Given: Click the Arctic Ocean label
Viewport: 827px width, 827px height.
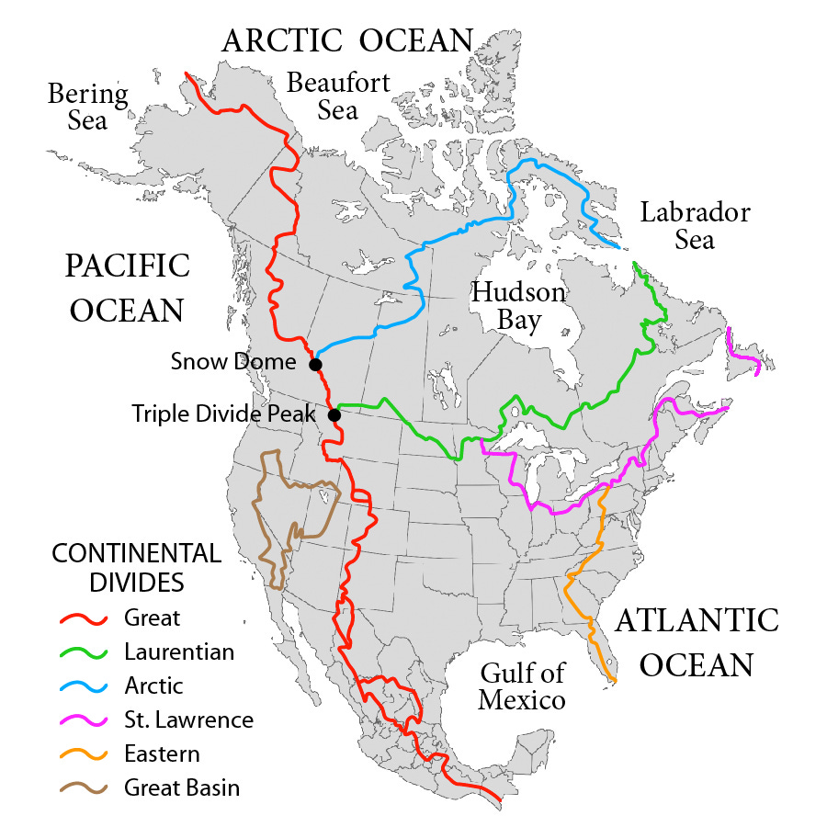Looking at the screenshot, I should tap(347, 40).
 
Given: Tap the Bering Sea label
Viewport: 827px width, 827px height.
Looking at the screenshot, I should tap(88, 107).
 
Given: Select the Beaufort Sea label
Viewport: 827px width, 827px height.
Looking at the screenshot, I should tap(338, 96).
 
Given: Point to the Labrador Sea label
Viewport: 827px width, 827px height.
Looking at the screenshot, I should tap(695, 226).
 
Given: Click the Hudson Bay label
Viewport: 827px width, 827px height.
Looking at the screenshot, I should tap(517, 306).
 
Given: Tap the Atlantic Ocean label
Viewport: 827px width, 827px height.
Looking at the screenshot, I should tap(696, 641).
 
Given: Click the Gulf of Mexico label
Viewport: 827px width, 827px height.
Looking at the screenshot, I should tap(522, 685).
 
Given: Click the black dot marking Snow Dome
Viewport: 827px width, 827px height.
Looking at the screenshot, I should tap(315, 365).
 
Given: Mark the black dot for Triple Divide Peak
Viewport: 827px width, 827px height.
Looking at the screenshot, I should tap(334, 415).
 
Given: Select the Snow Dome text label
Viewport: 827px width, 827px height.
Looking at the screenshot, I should tap(233, 362).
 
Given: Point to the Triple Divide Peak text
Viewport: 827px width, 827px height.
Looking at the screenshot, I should tap(223, 413).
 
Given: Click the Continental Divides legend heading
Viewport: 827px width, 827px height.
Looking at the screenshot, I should tap(136, 568).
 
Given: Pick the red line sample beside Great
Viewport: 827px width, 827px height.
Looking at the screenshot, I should tap(83, 618).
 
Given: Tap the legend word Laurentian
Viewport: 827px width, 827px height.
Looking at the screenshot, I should tap(179, 652).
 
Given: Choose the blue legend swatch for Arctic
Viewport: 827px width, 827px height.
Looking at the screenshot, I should tap(83, 686).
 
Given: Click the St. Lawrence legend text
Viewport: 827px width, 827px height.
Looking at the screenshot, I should tap(188, 719).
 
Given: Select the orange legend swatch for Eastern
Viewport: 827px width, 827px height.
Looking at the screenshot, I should tap(83, 754).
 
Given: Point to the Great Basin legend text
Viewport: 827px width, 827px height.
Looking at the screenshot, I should tap(182, 787).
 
